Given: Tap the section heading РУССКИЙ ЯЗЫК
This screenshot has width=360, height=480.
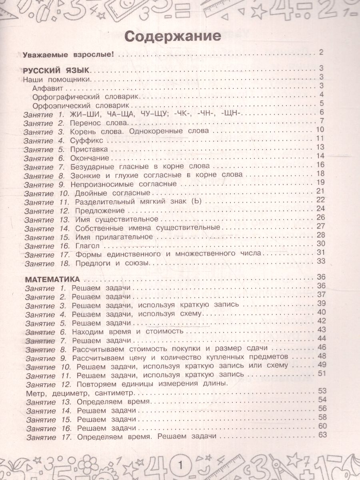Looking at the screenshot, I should [56, 70].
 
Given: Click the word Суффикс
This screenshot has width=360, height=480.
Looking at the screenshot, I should [86, 140].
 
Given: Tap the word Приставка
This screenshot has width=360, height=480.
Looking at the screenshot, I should [89, 149].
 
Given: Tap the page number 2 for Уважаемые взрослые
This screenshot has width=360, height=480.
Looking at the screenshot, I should [321, 52].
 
